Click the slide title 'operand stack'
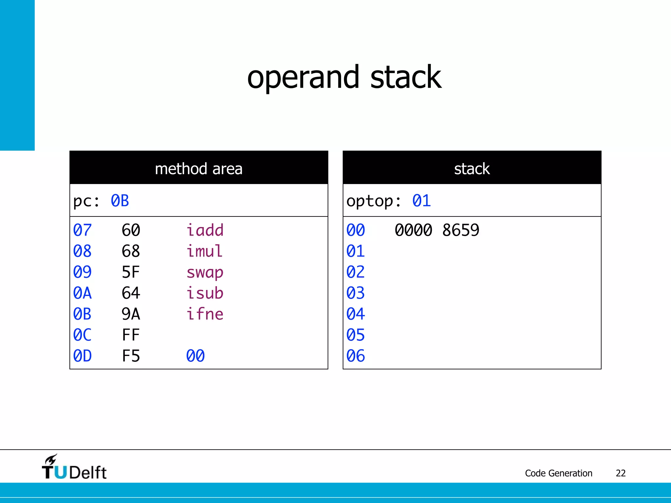(344, 78)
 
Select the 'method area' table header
(199, 169)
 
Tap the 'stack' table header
(472, 169)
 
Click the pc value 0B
(120, 201)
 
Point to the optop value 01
(421, 201)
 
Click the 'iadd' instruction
(205, 230)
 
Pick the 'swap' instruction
(205, 272)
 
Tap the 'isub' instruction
(205, 293)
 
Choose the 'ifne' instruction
(205, 314)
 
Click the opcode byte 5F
(131, 272)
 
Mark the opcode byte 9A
(131, 314)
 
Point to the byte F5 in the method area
(131, 356)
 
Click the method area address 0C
(82, 335)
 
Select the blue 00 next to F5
(195, 356)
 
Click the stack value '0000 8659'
(437, 230)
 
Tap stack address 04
(355, 314)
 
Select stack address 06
(355, 356)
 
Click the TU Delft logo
(74, 467)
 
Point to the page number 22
(621, 473)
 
